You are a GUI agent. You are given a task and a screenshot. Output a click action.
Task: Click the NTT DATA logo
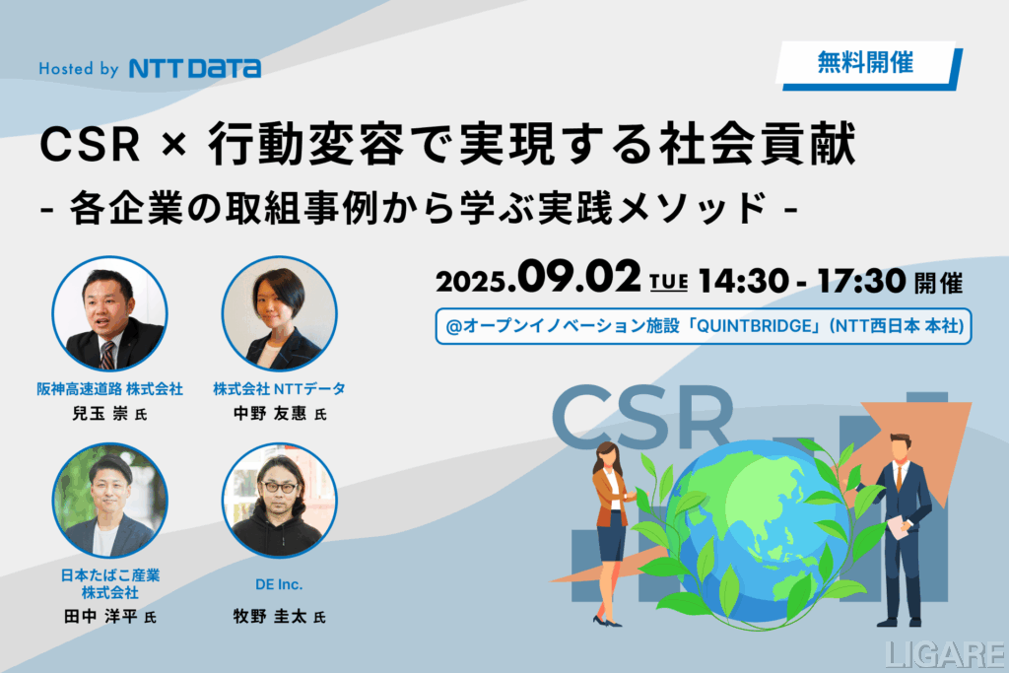tap(195, 68)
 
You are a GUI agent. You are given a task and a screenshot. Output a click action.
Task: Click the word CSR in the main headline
tap(90, 144)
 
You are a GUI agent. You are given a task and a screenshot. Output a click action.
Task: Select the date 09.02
tap(578, 277)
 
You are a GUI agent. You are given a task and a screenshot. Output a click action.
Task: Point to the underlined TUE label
tap(669, 283)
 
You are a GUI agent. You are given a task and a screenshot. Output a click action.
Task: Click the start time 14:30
tap(743, 281)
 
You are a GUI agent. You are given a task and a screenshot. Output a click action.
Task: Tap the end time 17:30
tap(861, 281)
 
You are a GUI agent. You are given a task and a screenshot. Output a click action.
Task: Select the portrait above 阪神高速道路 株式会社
tap(109, 314)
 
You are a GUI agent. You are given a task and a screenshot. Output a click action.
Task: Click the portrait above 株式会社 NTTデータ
tap(279, 314)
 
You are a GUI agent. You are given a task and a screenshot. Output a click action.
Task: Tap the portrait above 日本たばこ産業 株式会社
tap(109, 501)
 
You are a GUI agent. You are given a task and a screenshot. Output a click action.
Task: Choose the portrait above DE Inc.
tap(279, 501)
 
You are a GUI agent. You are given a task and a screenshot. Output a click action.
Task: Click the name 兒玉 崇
tap(100, 413)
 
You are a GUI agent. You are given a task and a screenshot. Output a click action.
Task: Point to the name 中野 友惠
tap(270, 413)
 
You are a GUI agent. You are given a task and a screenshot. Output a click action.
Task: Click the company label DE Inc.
tap(279, 584)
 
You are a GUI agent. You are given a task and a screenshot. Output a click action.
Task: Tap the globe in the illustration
tap(757, 530)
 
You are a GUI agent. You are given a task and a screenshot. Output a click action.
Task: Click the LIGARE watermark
tap(945, 654)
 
